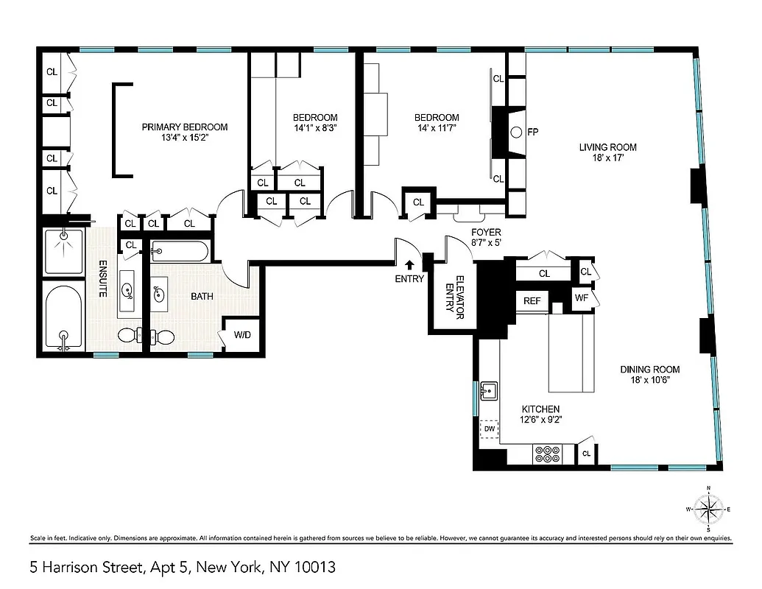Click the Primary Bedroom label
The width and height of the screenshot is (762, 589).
tap(185, 127)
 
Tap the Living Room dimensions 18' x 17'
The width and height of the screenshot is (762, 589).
tap(607, 158)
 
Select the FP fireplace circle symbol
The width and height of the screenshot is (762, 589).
tap(515, 133)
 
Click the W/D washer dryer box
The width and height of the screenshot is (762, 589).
tap(241, 335)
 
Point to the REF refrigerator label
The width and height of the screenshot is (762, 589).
tap(532, 300)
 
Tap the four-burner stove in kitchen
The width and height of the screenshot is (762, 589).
tap(548, 455)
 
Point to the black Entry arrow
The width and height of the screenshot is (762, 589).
tap(409, 264)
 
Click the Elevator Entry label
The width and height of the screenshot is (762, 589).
tap(456, 298)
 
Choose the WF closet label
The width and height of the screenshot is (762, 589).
tap(582, 298)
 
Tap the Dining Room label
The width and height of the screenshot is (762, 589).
tap(649, 370)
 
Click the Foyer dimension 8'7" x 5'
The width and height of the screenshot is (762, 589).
tap(486, 243)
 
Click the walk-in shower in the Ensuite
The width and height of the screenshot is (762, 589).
tap(64, 251)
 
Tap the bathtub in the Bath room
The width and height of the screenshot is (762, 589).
tap(180, 252)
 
